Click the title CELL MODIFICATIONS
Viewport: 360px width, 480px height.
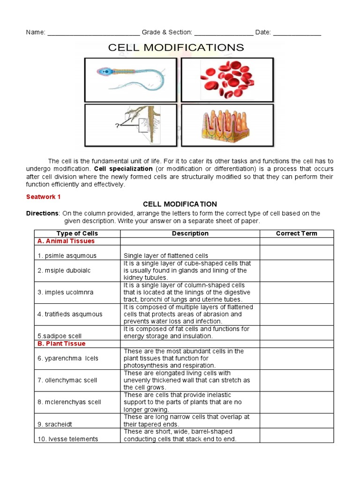176,47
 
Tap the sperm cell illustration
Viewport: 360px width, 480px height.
130,78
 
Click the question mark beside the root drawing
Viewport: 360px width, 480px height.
117,125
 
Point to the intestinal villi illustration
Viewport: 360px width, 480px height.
227,125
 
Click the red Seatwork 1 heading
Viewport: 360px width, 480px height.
43,197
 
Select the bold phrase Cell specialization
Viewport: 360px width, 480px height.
123,168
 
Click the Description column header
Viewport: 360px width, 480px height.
190,233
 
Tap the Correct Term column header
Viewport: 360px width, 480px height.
296,233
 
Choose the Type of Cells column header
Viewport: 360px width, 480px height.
77,233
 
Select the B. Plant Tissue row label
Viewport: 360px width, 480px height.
61,344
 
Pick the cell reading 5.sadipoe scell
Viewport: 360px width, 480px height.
60,336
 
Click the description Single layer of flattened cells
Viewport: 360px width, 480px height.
166,256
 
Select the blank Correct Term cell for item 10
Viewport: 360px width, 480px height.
296,435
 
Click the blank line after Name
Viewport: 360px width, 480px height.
93,33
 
